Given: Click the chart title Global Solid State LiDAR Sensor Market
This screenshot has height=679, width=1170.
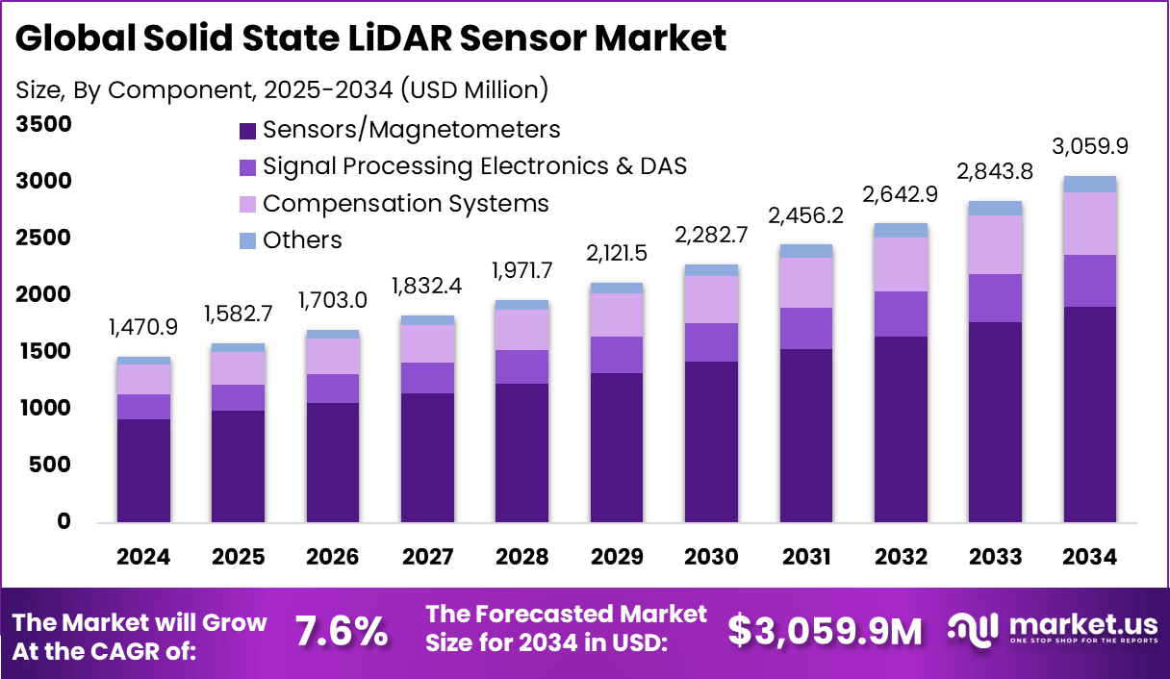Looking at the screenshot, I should point(370,38).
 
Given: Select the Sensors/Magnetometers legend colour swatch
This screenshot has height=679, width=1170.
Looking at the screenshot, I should point(246,130).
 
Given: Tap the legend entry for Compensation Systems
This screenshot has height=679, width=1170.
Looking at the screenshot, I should point(405,204).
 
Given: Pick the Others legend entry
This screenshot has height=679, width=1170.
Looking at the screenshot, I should point(302,239).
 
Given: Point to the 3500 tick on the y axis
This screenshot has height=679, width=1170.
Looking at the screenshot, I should point(44,124).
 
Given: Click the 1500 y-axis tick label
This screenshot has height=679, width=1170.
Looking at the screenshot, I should point(44,352).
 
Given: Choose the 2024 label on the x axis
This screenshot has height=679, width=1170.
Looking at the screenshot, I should point(143,558).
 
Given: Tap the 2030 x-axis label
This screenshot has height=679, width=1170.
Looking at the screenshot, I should point(711,558).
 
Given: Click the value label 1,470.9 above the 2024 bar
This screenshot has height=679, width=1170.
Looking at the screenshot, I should point(143,327).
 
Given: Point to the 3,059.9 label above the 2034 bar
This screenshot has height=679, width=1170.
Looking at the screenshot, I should point(1090,147).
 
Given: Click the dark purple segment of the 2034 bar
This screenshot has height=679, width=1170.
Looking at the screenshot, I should point(1090,414).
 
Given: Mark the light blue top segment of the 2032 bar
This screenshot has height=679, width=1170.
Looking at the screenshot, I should point(901,231).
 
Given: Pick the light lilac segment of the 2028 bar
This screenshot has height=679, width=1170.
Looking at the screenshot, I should point(522,330).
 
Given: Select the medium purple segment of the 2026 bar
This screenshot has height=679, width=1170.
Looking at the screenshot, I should point(333,389).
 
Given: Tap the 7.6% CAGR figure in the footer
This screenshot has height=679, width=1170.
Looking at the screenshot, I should point(342,631).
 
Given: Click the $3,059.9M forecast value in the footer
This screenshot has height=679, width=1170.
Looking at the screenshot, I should point(825,631).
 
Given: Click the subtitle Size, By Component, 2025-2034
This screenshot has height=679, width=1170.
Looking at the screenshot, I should point(282,90).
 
